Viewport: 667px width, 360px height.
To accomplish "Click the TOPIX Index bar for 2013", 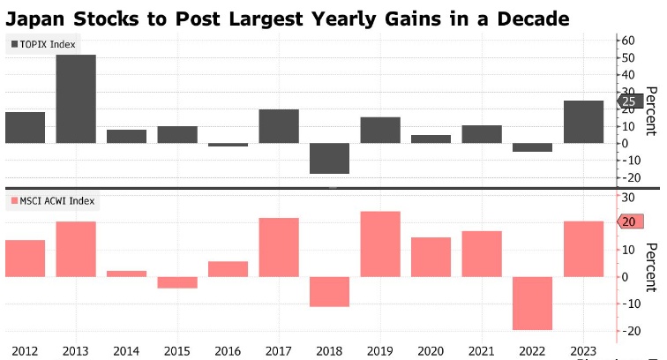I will [76, 99].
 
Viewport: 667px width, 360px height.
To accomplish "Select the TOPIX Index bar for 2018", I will [330, 158].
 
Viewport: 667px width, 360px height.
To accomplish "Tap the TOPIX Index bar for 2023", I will [584, 122].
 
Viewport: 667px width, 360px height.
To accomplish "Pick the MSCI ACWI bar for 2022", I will [533, 303].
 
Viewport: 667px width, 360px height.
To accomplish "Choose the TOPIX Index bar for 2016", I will [229, 145].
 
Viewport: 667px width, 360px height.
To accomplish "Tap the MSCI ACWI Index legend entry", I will [54, 201].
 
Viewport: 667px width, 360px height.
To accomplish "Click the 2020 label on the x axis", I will [431, 352].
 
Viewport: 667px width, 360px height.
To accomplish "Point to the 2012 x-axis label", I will [25, 352].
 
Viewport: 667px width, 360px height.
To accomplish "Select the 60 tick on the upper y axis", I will [628, 41].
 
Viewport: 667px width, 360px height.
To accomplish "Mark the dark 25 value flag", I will [628, 101].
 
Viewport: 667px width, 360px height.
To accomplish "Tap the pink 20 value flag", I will [627, 221].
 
